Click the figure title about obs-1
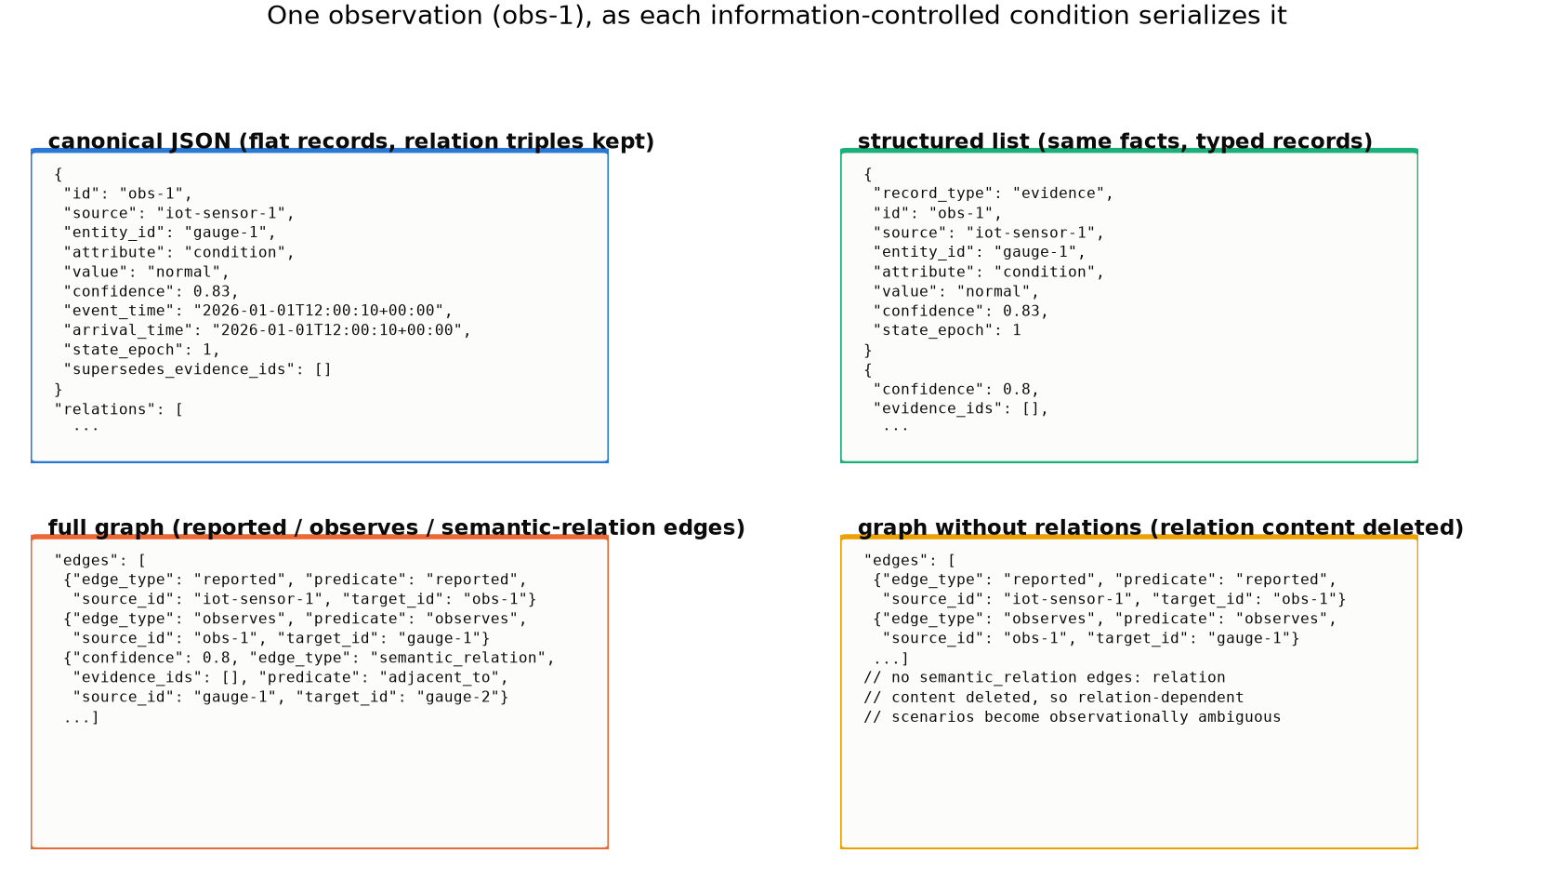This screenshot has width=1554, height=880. click(776, 16)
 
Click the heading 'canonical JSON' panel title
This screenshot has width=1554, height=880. click(351, 141)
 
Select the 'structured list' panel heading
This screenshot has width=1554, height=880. click(1115, 141)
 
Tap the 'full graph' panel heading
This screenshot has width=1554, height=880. click(396, 527)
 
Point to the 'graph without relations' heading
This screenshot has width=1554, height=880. click(1161, 527)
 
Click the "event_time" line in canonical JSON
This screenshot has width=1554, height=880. click(258, 311)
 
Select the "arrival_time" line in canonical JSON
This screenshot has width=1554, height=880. click(267, 330)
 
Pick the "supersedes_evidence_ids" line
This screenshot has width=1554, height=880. click(198, 369)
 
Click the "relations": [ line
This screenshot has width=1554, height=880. click(119, 409)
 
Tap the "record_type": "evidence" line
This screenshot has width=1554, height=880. click(993, 193)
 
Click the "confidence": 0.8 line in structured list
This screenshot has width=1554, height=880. click(956, 389)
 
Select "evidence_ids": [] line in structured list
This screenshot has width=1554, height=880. click(961, 408)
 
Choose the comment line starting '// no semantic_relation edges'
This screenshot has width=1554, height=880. click(1045, 677)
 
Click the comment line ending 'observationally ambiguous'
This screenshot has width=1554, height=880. click(1073, 717)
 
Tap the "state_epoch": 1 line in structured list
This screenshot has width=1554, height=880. click(947, 330)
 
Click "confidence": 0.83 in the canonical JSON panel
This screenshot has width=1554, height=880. click(151, 291)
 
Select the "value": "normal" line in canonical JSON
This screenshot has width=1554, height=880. click(146, 272)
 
